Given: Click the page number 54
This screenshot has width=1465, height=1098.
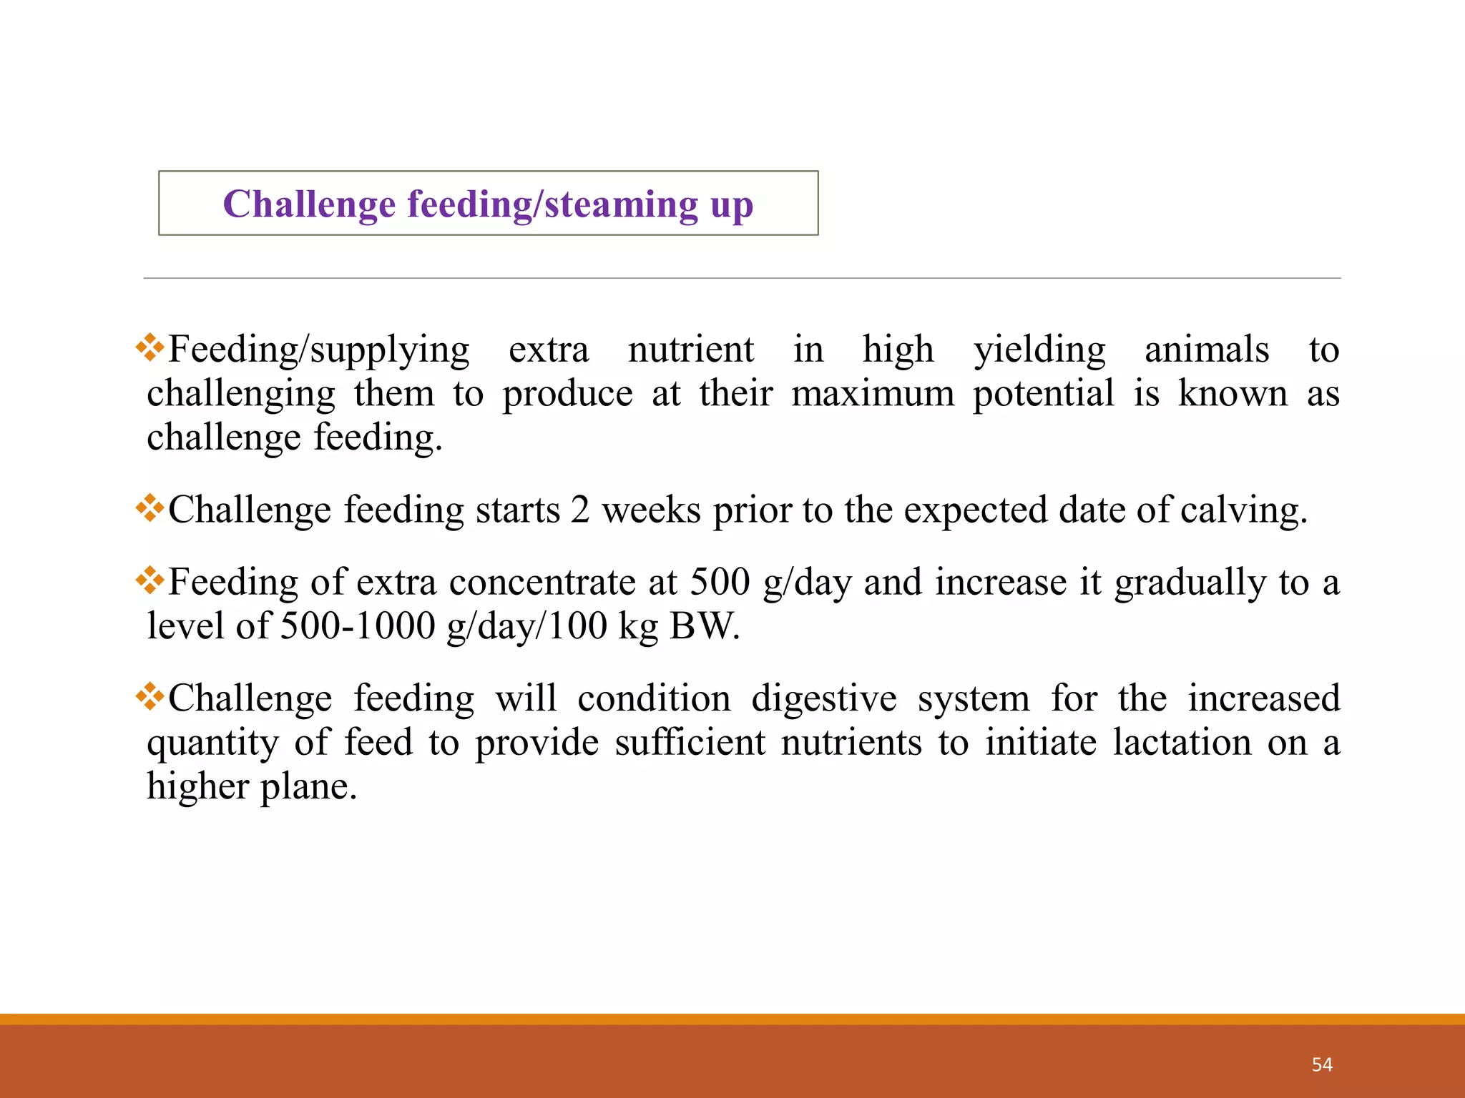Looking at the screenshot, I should point(1322,1064).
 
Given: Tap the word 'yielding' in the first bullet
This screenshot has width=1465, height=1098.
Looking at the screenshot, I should point(1039,351).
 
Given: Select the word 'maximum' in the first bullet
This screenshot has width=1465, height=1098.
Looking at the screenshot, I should point(873,394).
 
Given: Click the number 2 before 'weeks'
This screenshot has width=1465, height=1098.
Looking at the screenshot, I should point(580,510).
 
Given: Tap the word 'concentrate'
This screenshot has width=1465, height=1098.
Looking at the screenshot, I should point(542,583).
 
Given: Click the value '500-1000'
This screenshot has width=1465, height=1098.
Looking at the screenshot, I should point(358,626).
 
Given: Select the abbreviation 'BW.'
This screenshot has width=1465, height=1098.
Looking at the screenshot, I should point(705,626).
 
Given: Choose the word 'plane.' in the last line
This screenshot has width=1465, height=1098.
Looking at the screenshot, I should point(308,787).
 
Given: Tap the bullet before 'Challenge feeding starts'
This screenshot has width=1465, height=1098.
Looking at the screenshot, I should point(150,508).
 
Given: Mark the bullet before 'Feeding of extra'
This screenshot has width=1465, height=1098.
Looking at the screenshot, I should point(150,580).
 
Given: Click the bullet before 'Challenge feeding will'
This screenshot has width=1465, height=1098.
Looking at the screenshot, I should point(150,696).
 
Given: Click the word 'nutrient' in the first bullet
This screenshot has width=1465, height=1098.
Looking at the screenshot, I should point(690,350).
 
